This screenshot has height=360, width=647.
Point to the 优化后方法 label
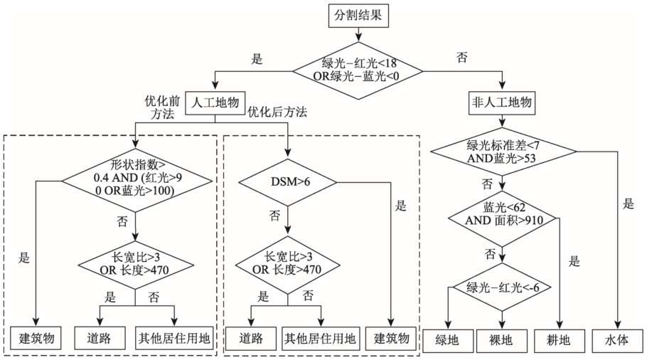[277, 112]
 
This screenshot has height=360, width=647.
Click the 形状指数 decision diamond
[136, 181]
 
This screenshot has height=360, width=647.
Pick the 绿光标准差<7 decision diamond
[502, 151]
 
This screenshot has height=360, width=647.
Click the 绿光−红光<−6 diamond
[502, 287]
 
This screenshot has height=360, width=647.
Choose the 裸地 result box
[502, 340]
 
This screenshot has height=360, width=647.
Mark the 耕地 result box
[560, 340]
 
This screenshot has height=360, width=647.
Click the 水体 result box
[618, 340]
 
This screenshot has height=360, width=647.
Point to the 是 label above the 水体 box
[628, 204]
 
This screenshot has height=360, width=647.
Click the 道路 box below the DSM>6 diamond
[250, 339]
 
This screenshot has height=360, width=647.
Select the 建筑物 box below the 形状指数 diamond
[38, 339]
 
